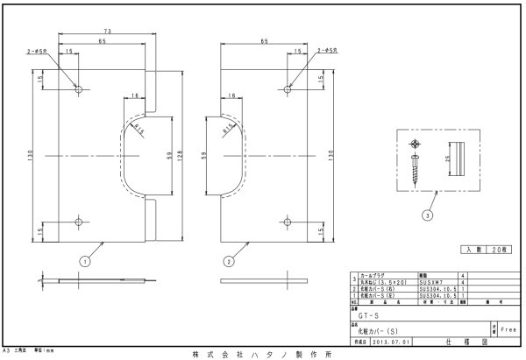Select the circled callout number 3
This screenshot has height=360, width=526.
[427, 214]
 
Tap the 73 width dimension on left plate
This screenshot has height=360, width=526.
[106, 30]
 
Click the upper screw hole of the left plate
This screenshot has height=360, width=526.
[79, 89]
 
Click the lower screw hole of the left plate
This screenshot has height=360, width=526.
[79, 220]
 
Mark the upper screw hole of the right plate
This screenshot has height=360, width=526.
[288, 89]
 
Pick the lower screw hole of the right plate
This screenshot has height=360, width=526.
[288, 220]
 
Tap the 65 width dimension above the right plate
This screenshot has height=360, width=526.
[264, 41]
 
